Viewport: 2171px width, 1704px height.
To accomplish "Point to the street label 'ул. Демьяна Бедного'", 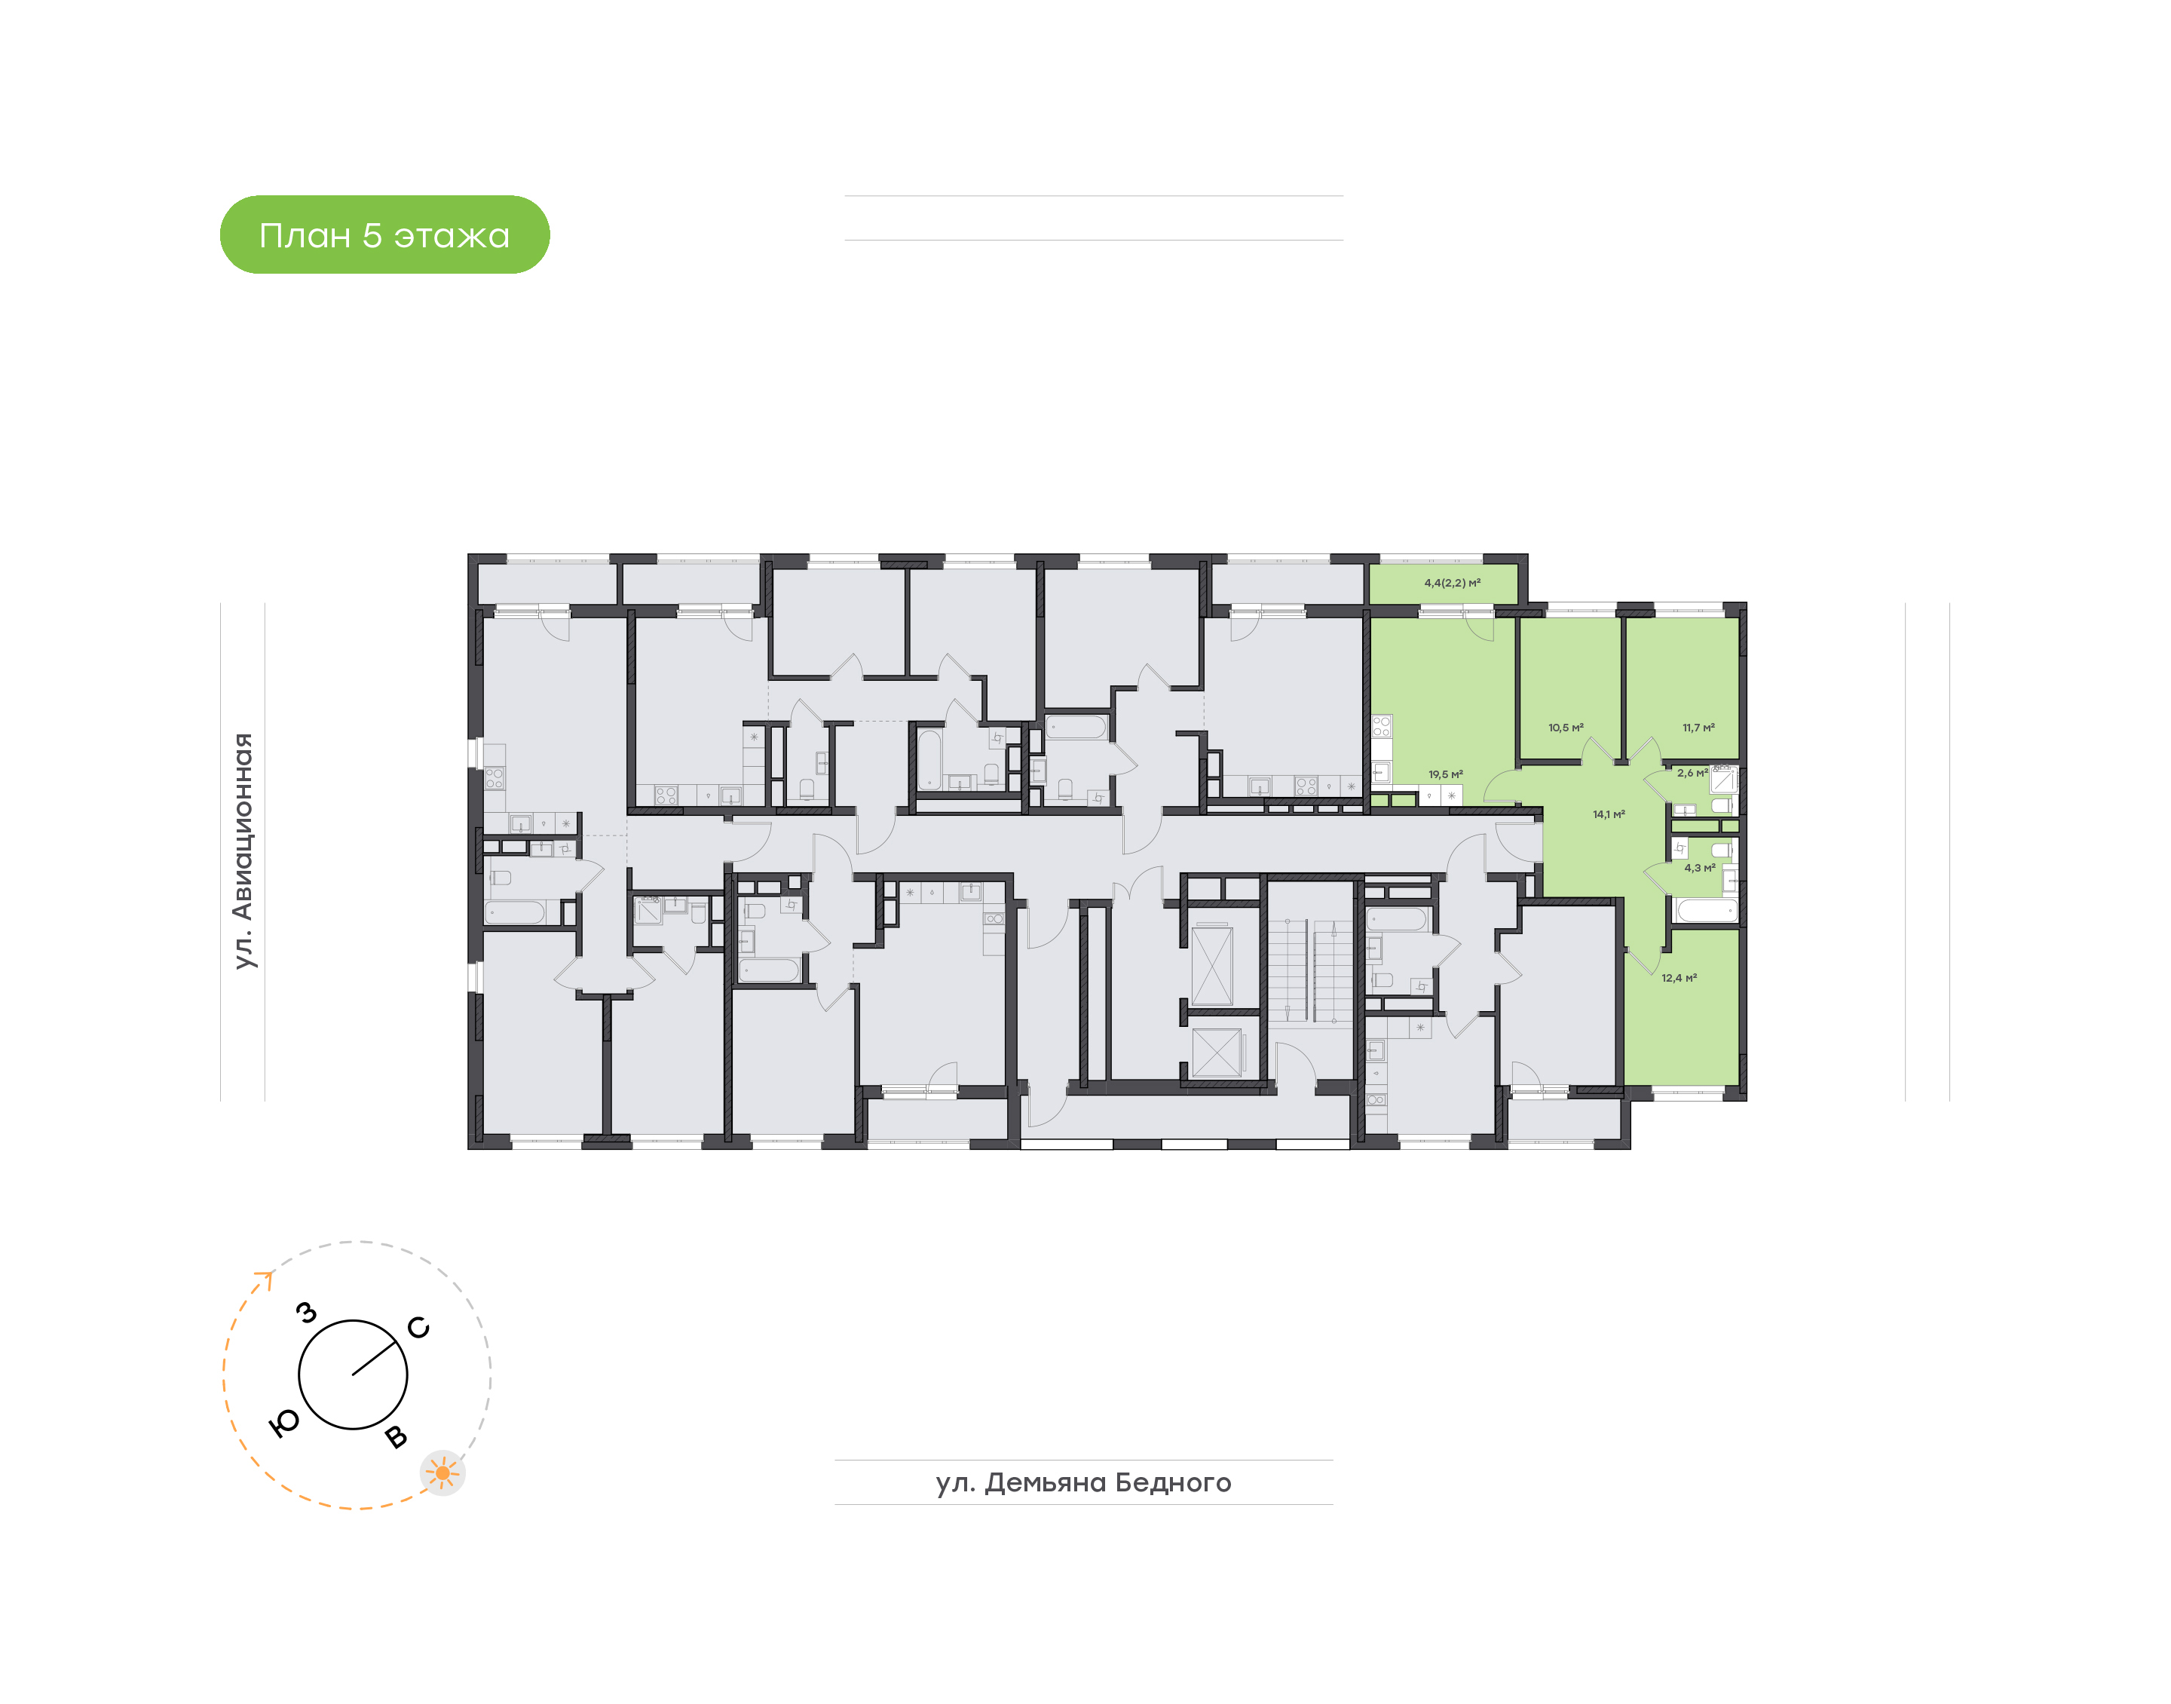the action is click(x=1083, y=1482).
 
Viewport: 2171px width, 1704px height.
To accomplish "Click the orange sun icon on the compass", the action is click(x=442, y=1473).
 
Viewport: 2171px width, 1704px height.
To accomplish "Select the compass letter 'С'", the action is click(x=419, y=1327).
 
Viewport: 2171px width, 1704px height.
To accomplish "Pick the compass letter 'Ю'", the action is click(x=284, y=1424).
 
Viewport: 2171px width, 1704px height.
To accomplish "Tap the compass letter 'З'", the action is click(x=307, y=1312).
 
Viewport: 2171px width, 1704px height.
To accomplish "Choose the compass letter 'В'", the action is click(x=396, y=1436).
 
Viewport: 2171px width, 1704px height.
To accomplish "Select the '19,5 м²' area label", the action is click(x=1445, y=774).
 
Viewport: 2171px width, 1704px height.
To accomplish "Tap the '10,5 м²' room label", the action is click(x=1566, y=728).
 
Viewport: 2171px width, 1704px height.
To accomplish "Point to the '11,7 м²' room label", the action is click(x=1698, y=728).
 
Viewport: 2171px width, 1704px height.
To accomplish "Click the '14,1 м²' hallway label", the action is click(x=1609, y=814).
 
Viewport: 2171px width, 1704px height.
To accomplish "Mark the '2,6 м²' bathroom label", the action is click(x=1692, y=772).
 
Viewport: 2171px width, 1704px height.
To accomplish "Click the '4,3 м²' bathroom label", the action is click(x=1699, y=867).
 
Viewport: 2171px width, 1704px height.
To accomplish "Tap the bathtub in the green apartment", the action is click(x=1707, y=911).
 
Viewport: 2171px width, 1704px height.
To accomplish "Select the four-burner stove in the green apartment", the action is click(x=1381, y=726).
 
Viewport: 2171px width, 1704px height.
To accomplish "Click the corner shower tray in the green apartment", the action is click(x=1723, y=779).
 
